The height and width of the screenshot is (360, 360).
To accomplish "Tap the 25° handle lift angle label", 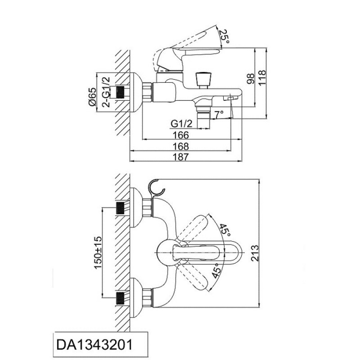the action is point(224,37).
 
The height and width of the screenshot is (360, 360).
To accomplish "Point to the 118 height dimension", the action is point(262,77).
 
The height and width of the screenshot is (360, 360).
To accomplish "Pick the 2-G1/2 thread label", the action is point(106,92).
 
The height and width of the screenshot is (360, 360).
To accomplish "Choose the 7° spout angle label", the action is point(219,114).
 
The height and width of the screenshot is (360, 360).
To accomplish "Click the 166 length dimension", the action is point(181,135).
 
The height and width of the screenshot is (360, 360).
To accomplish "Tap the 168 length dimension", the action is point(181,146).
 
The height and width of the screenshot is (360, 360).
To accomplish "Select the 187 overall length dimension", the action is point(181,157).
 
